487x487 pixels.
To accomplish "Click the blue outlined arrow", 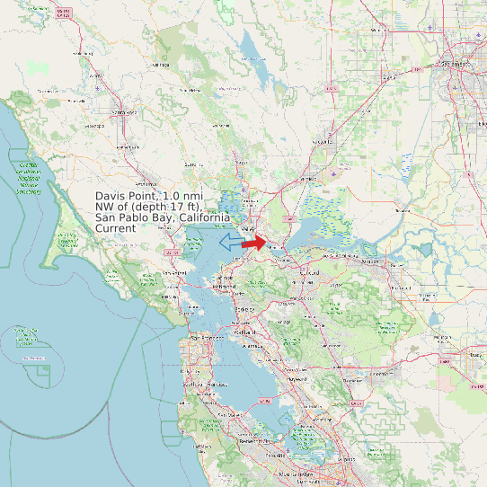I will point(230,242).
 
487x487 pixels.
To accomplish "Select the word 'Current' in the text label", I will point(115,228).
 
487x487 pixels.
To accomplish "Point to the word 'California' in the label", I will point(204,217).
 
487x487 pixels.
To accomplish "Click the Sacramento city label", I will point(455,65).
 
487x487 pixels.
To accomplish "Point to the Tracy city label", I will point(474,355).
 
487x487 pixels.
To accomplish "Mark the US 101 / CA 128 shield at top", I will point(62,13).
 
